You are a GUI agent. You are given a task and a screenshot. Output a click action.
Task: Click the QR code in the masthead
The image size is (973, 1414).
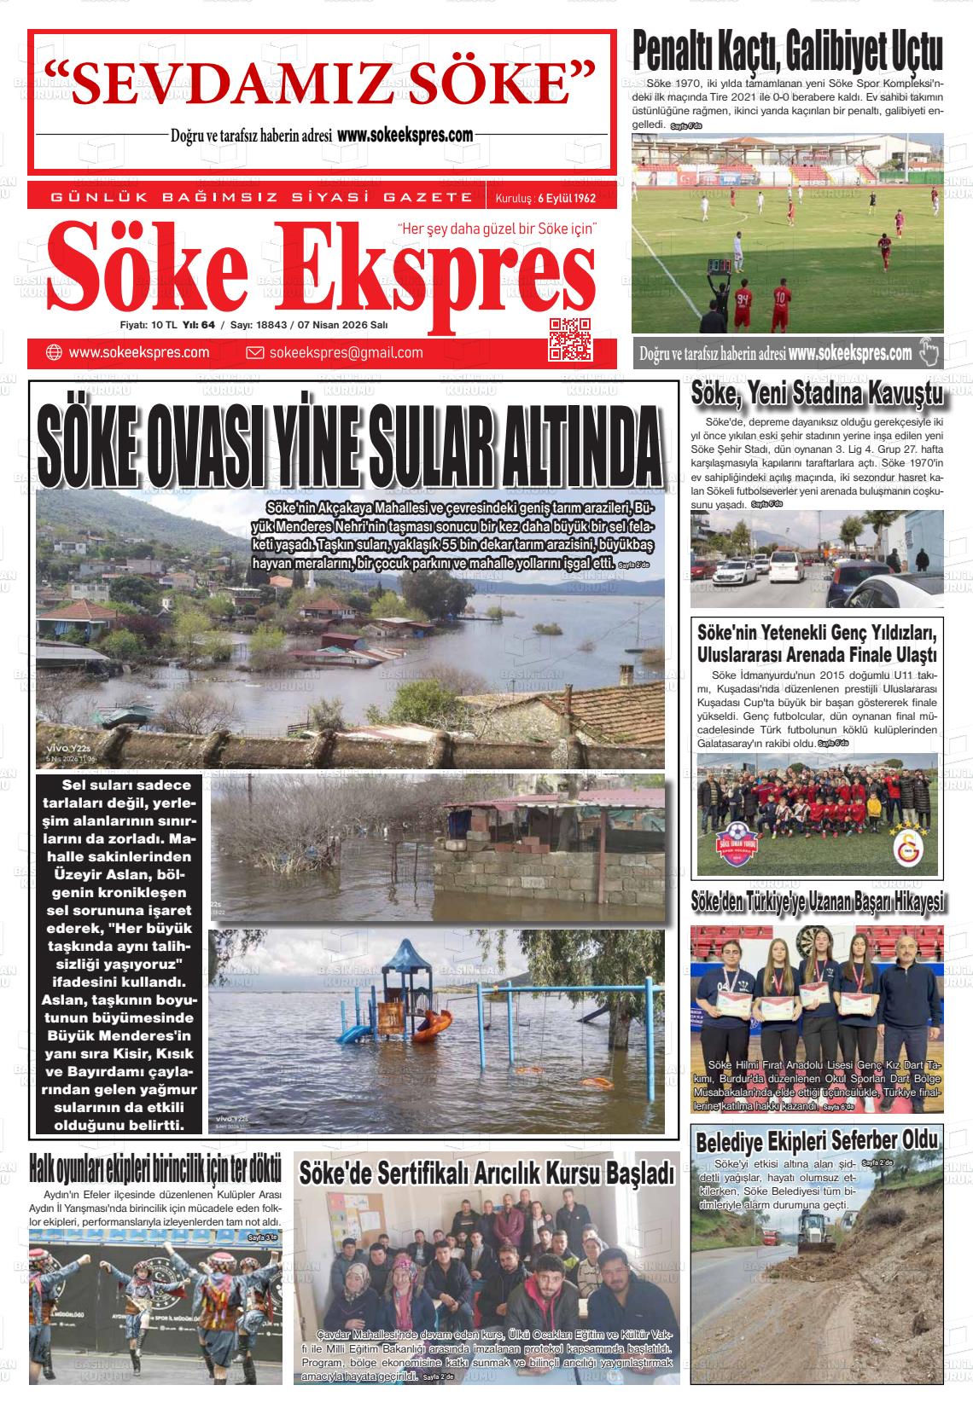[x=569, y=339]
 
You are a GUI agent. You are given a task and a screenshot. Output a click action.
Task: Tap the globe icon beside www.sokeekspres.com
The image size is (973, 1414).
[x=53, y=353]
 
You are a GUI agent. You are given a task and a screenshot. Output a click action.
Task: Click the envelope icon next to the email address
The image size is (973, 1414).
[x=254, y=353]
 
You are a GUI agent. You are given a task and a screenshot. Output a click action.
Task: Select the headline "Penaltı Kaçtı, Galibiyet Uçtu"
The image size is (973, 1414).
[x=788, y=52]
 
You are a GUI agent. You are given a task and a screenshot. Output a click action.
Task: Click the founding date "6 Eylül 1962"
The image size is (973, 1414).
[x=565, y=199]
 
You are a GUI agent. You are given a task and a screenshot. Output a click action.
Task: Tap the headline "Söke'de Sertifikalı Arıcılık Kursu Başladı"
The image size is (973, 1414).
[x=487, y=1173]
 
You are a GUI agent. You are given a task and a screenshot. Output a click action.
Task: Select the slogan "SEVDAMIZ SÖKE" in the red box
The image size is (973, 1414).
[x=319, y=83]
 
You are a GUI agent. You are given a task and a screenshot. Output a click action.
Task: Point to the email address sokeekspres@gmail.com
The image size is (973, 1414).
[x=346, y=353]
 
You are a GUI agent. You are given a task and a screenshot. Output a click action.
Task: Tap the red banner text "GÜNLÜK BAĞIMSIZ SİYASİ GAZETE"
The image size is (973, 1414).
[x=262, y=198]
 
